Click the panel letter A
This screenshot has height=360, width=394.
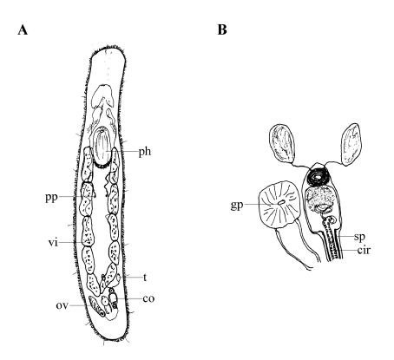tap(23, 29)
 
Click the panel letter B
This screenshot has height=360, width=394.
tap(222, 29)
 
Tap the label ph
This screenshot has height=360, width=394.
tap(145, 152)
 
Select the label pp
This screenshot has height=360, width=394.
tap(51, 198)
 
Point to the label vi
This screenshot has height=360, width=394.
tap(53, 242)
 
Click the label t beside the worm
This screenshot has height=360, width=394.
tap(145, 278)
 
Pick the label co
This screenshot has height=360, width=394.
tap(148, 298)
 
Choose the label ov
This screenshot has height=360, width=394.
tap(62, 305)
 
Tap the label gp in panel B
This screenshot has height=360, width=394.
tap(237, 206)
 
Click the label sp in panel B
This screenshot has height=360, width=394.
tap(359, 237)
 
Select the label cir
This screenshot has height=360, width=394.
tap(364, 250)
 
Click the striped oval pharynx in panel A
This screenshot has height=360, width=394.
tap(102, 147)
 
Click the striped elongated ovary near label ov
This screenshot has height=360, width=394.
tap(96, 306)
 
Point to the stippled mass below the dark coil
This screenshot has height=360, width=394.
tap(320, 199)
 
